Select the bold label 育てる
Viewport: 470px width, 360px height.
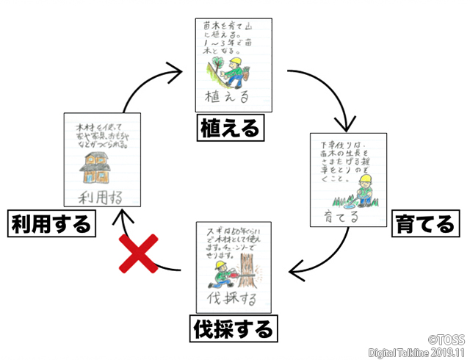pyautogui.click(x=424, y=223)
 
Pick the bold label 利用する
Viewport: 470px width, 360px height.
pyautogui.click(x=51, y=223)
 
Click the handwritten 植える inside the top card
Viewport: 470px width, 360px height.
pyautogui.click(x=229, y=96)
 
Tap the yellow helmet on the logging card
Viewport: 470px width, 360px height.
pyautogui.click(x=218, y=267)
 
